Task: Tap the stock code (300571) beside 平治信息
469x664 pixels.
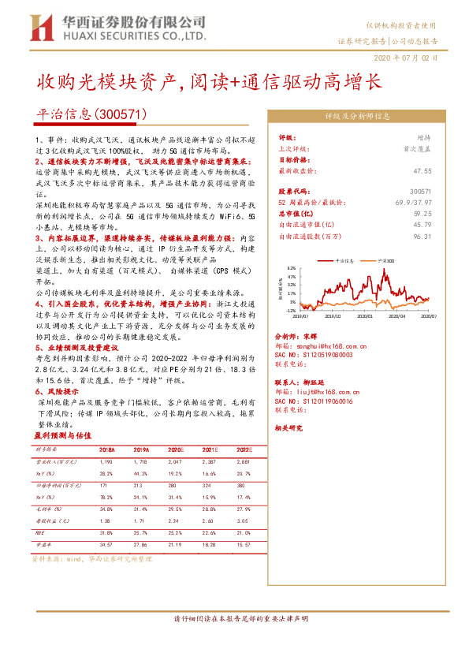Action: click(120, 114)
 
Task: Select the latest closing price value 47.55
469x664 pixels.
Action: click(422, 170)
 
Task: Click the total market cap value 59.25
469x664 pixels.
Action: click(422, 213)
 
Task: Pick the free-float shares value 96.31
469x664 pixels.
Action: click(422, 235)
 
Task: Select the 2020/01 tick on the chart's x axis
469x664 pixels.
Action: click(363, 315)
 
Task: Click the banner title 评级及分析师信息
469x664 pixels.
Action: click(358, 115)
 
